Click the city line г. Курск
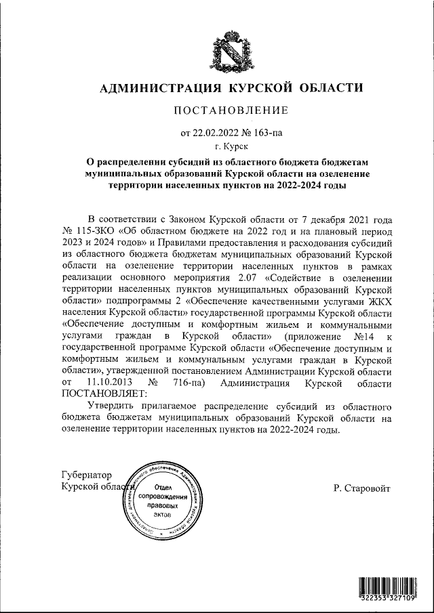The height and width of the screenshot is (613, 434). click(231, 146)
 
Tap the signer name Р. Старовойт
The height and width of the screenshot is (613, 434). click(362, 488)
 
